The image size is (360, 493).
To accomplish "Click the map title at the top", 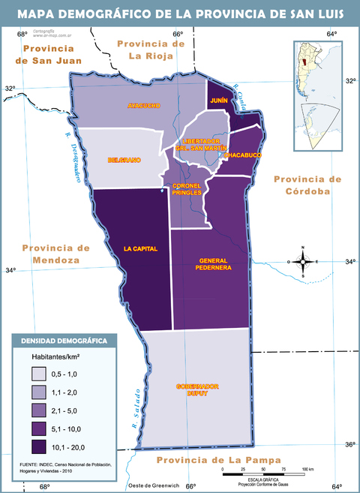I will [x=180, y=14].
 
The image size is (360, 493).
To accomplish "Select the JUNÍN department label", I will [x=219, y=100].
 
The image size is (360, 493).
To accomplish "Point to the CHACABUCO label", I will [x=242, y=155].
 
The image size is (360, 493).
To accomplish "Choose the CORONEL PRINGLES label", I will [x=187, y=188].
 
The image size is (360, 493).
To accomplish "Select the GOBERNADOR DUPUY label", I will [x=197, y=389].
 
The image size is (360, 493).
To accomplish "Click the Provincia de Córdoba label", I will [x=307, y=185].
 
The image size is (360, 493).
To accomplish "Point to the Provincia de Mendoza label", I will [x=55, y=254].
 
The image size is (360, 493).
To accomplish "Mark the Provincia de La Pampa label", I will [x=214, y=459].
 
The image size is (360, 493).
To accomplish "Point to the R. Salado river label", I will [x=136, y=408].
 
